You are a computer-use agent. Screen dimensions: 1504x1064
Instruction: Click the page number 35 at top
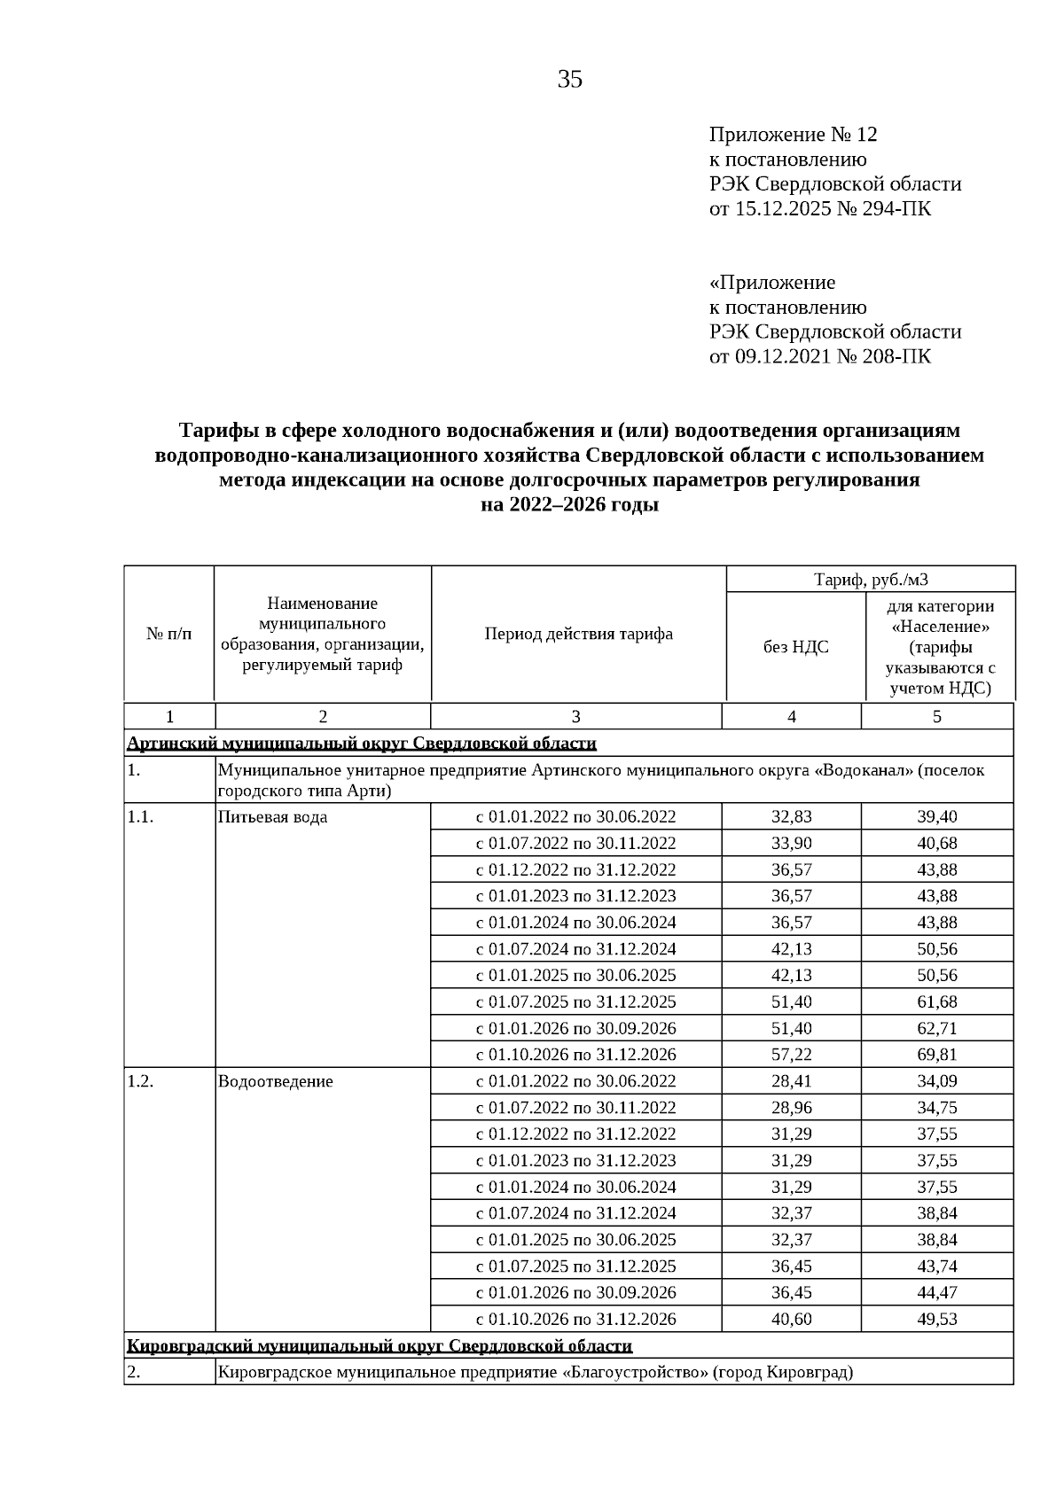(569, 80)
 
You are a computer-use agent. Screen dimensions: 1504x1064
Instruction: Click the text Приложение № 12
(793, 135)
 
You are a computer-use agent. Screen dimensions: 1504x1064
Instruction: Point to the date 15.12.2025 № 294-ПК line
(820, 209)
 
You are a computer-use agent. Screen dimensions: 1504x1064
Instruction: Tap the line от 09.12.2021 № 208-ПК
(820, 356)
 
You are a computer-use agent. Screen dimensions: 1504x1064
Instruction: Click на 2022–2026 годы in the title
(569, 505)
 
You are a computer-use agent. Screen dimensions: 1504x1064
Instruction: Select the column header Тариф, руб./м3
(871, 580)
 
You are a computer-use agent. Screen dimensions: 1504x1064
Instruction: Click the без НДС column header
(795, 647)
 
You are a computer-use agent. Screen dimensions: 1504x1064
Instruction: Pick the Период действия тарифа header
(578, 634)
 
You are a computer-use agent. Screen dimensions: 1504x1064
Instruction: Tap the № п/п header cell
(168, 634)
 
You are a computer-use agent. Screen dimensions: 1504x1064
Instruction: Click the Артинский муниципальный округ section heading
(362, 743)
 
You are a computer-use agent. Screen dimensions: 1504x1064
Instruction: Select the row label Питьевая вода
(272, 817)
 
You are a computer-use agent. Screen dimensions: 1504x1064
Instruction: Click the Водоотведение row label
(275, 1081)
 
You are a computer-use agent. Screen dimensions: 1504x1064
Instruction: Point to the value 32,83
(791, 817)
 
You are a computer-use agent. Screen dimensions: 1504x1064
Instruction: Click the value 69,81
(936, 1055)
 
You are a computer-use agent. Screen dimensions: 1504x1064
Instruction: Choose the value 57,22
(791, 1055)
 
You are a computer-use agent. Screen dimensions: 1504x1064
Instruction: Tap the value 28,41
(791, 1081)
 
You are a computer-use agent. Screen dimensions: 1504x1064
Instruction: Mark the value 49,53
(936, 1319)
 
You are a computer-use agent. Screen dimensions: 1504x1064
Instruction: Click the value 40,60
(791, 1319)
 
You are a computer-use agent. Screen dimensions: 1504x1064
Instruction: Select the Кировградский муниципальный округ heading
(379, 1346)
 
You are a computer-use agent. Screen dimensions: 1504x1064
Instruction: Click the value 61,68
(936, 1001)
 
